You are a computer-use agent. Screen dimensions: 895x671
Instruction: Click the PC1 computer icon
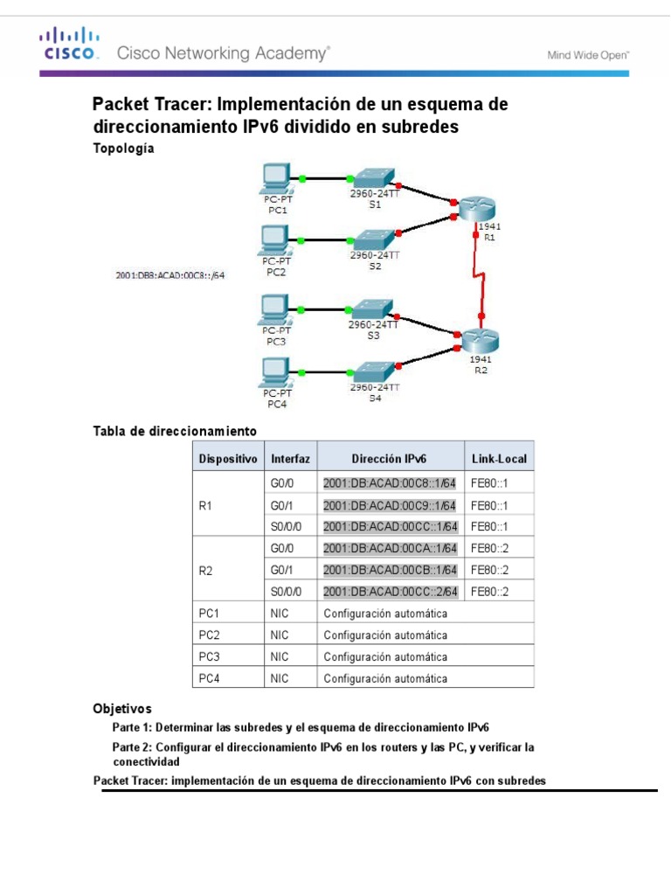coord(277,179)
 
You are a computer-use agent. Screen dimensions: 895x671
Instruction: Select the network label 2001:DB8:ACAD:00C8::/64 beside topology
coord(170,275)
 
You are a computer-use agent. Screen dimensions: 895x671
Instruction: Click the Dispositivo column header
coord(228,457)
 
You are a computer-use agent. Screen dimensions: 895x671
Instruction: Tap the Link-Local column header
coord(499,457)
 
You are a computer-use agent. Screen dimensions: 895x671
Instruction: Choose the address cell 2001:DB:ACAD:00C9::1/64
coord(390,505)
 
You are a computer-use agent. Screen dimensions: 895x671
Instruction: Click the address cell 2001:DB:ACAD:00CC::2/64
coord(390,592)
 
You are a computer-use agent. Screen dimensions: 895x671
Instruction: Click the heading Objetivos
coord(122,708)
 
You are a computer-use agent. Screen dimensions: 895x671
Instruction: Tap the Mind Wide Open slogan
coord(587,54)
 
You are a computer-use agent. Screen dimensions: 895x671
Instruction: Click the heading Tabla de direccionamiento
coord(175,431)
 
